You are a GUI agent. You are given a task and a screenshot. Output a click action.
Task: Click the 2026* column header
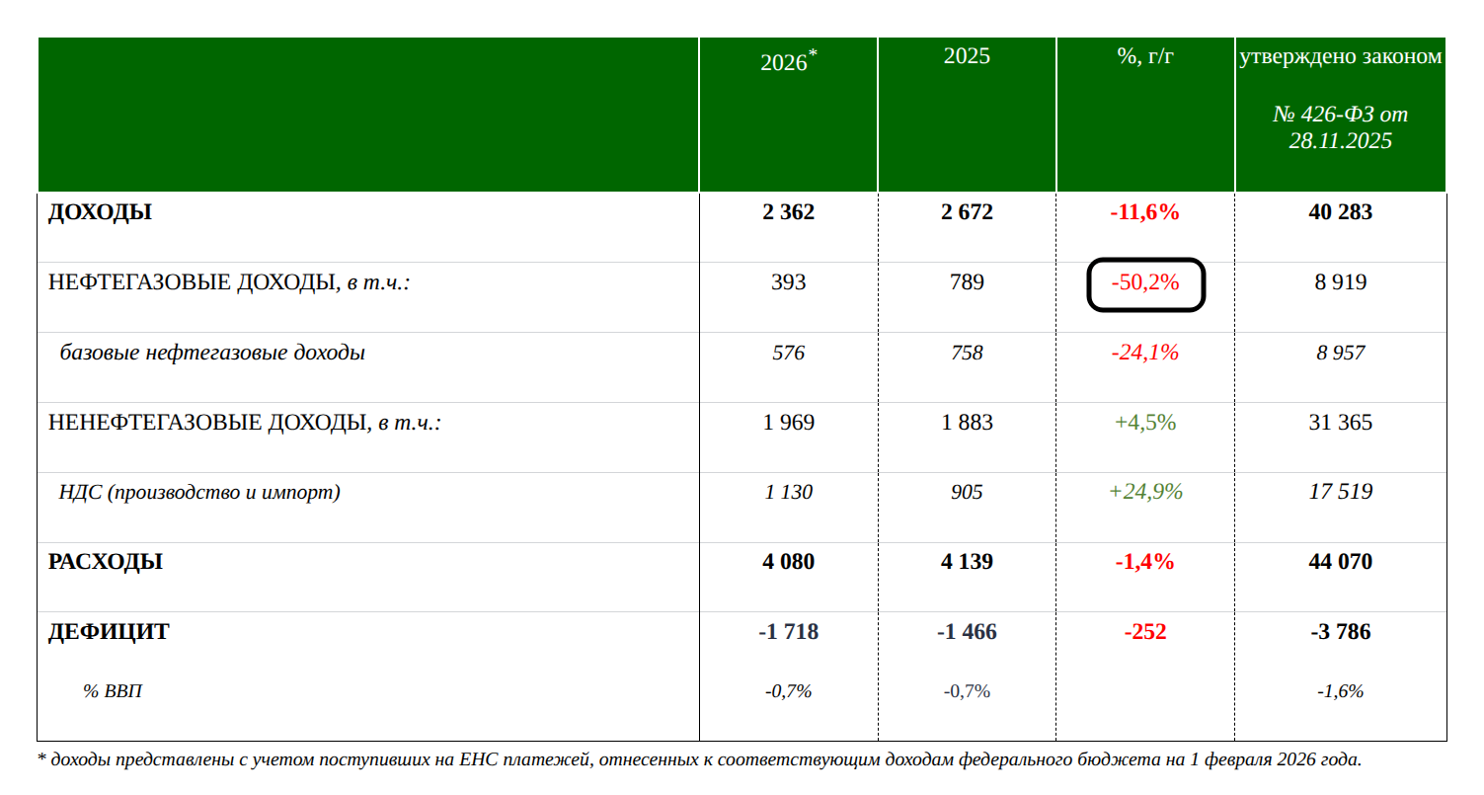coord(788,61)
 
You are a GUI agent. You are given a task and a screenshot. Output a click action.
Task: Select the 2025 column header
coord(967,56)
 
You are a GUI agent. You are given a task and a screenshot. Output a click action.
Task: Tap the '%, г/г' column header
coord(1145,56)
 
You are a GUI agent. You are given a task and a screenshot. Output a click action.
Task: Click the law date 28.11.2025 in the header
coord(1340,141)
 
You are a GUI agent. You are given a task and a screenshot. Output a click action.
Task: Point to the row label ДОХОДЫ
coord(100,212)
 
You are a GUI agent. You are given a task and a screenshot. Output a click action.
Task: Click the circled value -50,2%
coord(1145,283)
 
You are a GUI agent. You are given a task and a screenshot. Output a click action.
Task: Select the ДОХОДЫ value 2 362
coord(788,212)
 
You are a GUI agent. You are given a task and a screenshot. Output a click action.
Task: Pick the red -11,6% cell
coord(1145,212)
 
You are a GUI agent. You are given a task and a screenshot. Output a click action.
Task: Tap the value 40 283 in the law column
coord(1340,212)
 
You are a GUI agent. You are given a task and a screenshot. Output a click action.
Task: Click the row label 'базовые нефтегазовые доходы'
coord(212,353)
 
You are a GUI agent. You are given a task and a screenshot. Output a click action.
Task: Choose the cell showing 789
coord(967,282)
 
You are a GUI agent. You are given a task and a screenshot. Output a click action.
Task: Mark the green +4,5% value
coord(1145,423)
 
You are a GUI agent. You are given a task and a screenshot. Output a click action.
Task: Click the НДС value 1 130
coord(788,492)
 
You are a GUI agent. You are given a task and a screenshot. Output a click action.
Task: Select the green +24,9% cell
coord(1145,492)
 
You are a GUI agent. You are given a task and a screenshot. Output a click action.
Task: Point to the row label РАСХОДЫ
coord(106,562)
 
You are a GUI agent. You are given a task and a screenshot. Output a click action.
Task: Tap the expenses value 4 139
coord(967,562)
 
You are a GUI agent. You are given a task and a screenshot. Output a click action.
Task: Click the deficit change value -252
coord(1145,632)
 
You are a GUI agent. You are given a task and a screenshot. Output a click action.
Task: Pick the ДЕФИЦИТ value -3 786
coord(1340,632)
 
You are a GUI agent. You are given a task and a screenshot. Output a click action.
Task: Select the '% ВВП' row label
coord(113,691)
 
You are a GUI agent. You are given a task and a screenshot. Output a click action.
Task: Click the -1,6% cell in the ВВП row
coord(1340,691)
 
